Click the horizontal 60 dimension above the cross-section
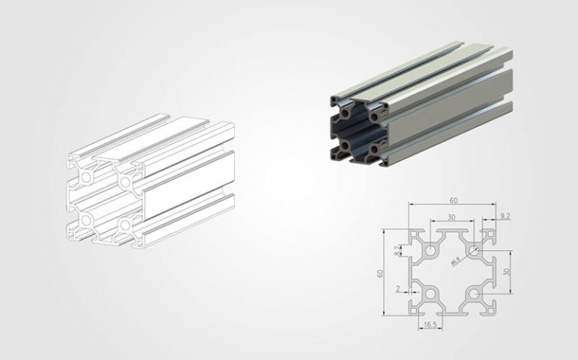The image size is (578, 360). [x=452, y=201]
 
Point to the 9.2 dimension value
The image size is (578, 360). [x=505, y=217]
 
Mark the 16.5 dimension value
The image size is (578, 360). [x=429, y=325]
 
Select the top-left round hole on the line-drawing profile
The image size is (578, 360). [x=87, y=175]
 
